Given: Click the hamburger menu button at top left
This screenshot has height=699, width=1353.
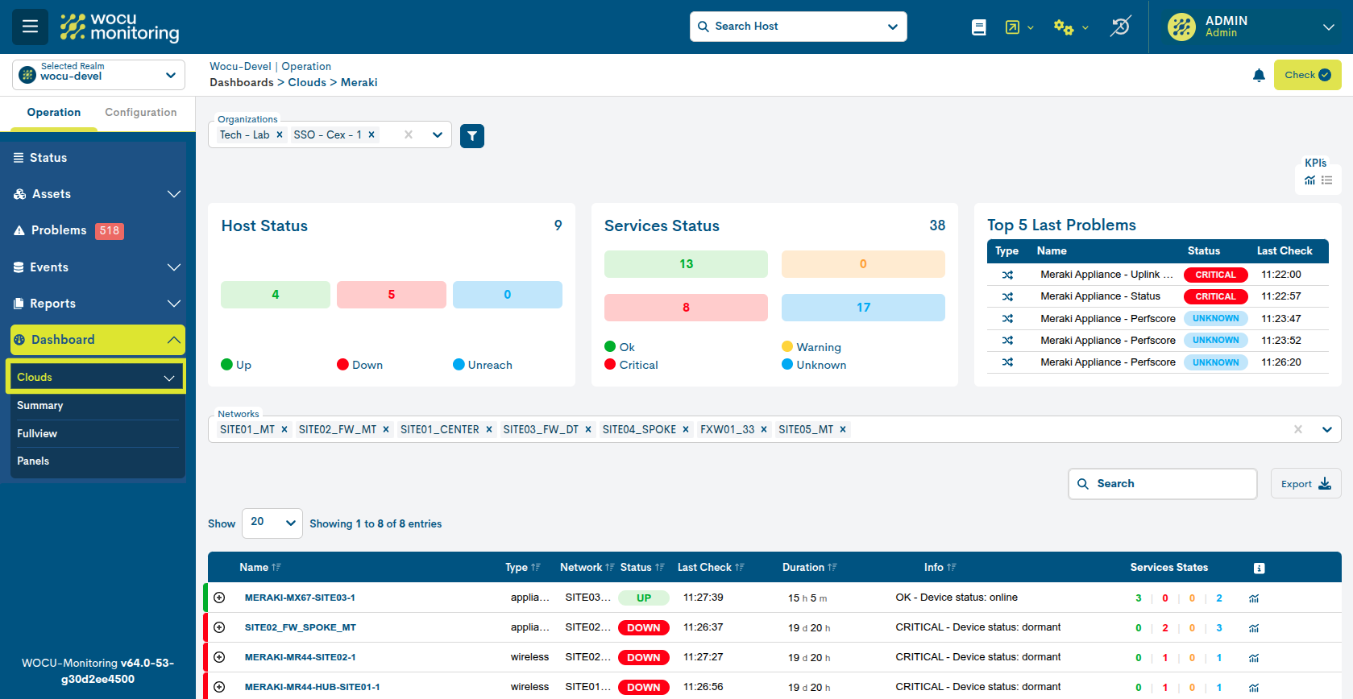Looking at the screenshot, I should coord(30,27).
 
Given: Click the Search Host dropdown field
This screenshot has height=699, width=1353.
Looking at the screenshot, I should coord(798,27).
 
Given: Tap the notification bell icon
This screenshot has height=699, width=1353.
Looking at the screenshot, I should coord(1259,75).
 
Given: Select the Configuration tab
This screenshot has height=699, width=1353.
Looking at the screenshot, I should coord(140,113).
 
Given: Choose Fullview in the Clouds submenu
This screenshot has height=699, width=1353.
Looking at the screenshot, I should coord(37,433).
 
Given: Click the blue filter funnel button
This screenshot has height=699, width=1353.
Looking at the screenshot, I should coord(472,136).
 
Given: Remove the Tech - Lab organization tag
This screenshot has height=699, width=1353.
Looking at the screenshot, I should coord(280,135).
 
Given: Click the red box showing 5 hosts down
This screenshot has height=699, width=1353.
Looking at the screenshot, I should coord(391,295).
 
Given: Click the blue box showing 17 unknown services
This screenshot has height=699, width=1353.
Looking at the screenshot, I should coord(863,308).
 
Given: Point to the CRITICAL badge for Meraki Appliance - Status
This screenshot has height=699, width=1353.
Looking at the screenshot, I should coord(1215,296).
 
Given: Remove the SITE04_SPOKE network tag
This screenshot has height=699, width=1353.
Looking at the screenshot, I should coord(686,430).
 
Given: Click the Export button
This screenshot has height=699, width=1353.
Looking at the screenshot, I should coord(1305,484).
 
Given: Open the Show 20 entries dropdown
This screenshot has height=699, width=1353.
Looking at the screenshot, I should coord(272,523).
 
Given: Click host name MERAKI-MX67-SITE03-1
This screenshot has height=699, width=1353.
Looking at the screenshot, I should coord(300,598).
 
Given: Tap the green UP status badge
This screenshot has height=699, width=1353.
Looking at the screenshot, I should coord(643,598).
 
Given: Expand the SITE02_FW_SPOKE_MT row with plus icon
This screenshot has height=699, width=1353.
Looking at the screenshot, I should coord(219,627).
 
